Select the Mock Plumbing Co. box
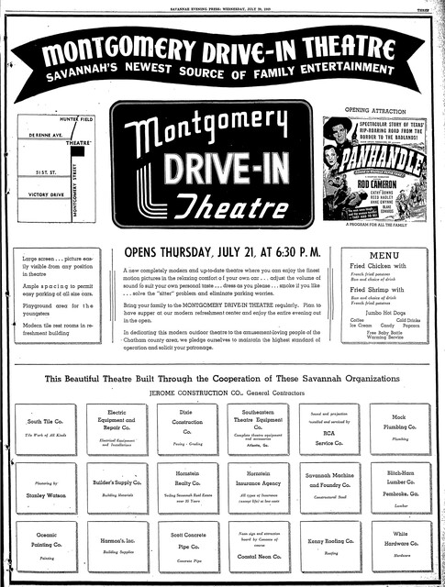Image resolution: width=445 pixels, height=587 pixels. (x=400, y=427)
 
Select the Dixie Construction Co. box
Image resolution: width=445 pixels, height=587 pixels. (x=188, y=427)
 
